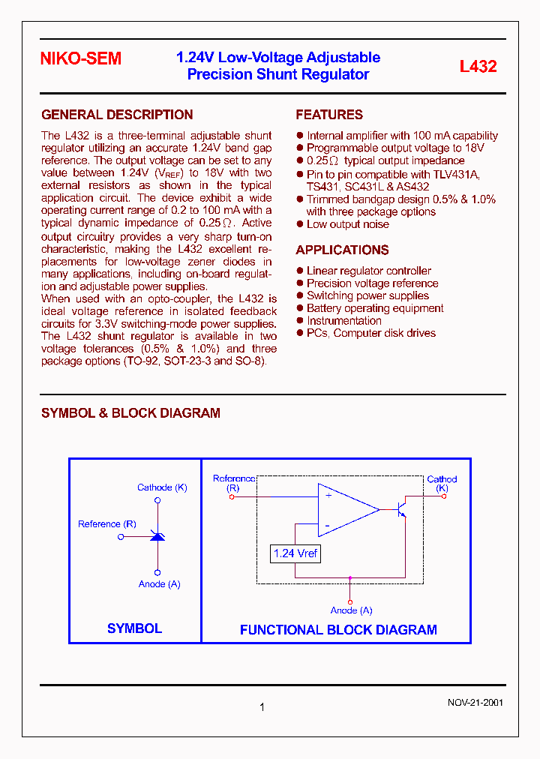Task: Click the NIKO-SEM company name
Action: click(80, 59)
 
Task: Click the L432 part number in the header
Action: click(478, 66)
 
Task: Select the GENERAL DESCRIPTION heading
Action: click(117, 115)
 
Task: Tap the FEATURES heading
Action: click(329, 115)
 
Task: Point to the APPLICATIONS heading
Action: click(342, 250)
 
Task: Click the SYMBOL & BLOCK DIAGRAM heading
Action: click(130, 413)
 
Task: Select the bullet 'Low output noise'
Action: click(348, 224)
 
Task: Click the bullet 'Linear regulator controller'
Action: click(369, 271)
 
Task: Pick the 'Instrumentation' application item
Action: click(344, 320)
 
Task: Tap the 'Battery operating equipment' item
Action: click(375, 308)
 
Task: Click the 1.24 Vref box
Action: click(295, 553)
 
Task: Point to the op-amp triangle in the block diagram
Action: click(346, 510)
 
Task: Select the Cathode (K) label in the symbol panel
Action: click(162, 487)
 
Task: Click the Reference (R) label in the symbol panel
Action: click(107, 524)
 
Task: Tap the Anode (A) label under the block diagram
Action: click(351, 610)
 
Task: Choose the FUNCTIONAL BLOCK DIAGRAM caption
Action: click(338, 630)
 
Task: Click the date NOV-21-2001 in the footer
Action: click(475, 703)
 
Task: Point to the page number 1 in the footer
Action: click(262, 706)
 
